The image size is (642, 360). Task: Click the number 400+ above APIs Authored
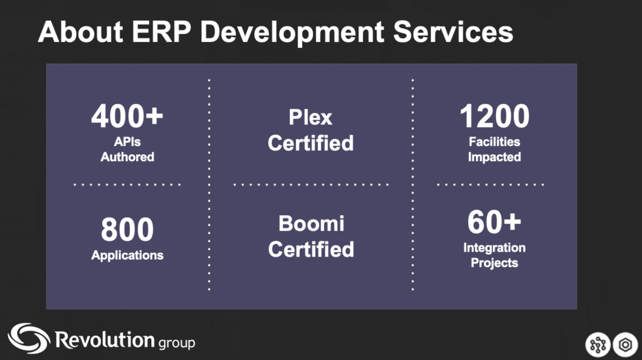pos(127,116)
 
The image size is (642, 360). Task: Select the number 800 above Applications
pos(127,230)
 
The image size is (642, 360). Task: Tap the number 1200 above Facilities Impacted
pos(495,116)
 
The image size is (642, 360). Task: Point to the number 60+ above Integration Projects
pos(494,222)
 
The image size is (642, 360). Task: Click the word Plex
pos(310,117)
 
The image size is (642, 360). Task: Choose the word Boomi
pos(311,224)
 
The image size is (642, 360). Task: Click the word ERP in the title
pos(161,31)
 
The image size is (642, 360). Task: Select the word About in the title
pos(80,31)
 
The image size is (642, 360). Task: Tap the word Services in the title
pos(453,31)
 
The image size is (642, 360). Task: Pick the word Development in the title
pos(292,33)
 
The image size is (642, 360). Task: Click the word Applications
pos(127,255)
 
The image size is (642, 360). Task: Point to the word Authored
pos(127,157)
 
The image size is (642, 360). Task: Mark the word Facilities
pos(495,142)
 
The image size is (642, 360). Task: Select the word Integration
pos(495,248)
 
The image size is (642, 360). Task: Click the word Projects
pos(495,263)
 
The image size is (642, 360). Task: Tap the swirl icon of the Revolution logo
pos(29,338)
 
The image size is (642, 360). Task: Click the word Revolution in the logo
pos(105,340)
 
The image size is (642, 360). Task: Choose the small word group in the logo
pos(176,343)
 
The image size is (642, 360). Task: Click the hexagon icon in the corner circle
pos(625,345)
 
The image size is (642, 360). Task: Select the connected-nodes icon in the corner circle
pos(597,345)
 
